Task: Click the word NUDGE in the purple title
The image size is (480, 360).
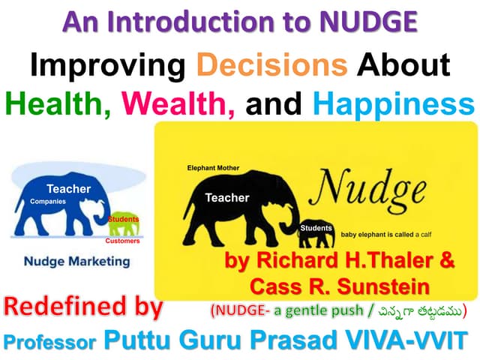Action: (367, 23)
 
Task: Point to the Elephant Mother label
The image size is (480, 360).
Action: (213, 167)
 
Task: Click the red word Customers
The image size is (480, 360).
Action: (120, 241)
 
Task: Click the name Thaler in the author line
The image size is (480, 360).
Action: (404, 262)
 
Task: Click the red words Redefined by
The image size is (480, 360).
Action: (82, 307)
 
